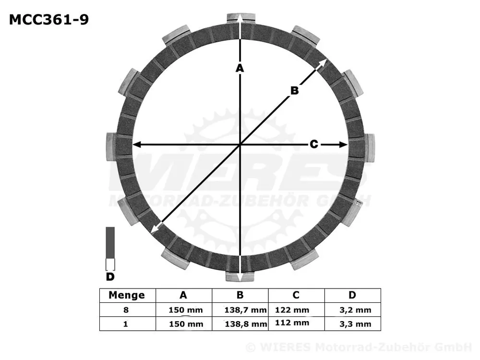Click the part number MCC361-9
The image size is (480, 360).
(x=48, y=20)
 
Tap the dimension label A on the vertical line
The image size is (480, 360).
(x=240, y=68)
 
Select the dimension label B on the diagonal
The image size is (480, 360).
(x=294, y=90)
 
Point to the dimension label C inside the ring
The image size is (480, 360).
(x=313, y=144)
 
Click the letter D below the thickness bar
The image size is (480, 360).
(x=110, y=277)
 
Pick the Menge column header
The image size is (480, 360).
(x=127, y=295)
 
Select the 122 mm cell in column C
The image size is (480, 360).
(x=292, y=310)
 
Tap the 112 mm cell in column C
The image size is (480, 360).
(x=292, y=323)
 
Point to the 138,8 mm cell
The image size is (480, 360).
(x=246, y=324)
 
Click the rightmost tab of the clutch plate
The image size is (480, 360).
(x=370, y=147)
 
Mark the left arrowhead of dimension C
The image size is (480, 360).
(x=136, y=144)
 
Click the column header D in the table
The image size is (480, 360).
(x=352, y=295)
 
